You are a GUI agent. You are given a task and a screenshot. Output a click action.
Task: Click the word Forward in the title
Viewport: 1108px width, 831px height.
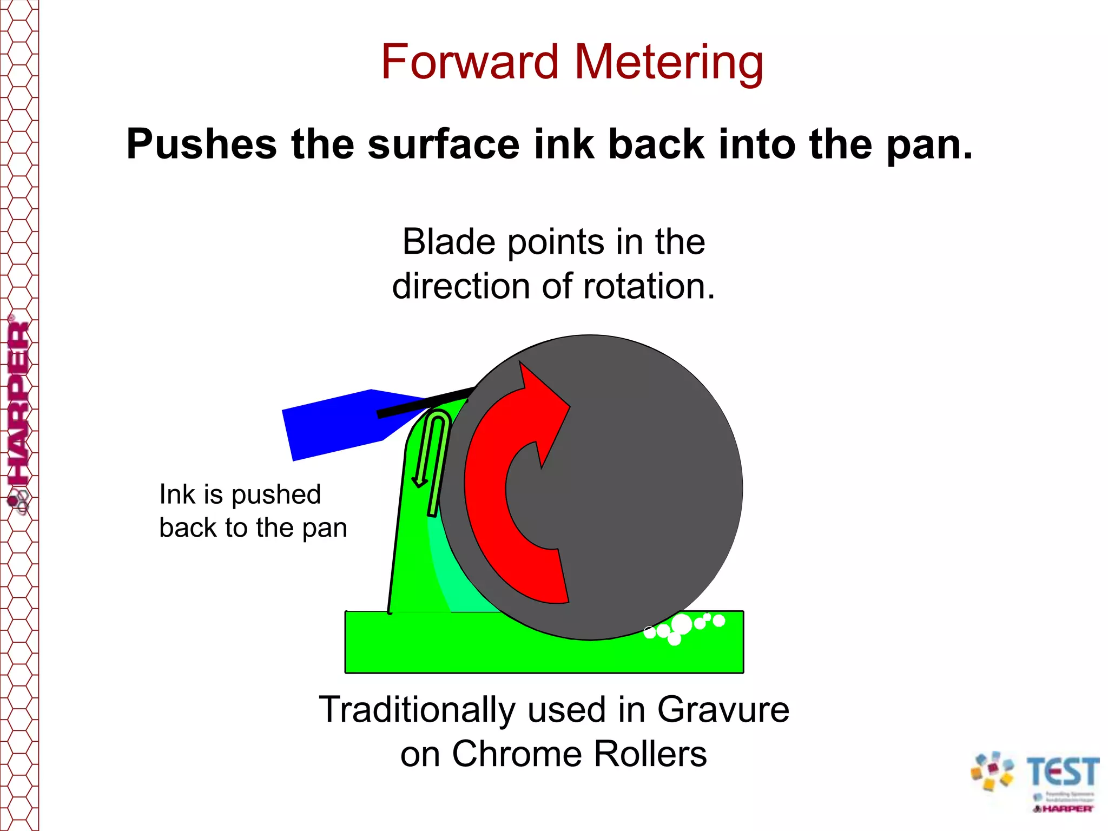coord(469,62)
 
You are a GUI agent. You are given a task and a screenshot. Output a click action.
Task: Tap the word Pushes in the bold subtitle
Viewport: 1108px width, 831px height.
coord(202,145)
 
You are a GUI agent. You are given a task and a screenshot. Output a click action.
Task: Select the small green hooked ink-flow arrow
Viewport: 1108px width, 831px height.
coord(433,460)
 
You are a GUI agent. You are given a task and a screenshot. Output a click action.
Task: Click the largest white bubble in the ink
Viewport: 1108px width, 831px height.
coord(682,624)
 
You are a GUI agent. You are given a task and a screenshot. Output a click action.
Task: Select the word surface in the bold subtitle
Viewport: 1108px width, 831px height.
coord(444,145)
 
